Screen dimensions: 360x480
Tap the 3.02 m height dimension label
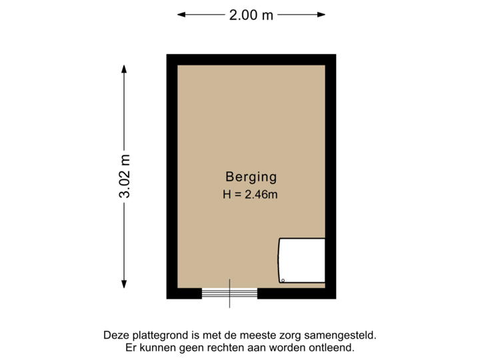[x=125, y=176]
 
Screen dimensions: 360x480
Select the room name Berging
[x=251, y=177]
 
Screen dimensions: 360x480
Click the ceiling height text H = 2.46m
[x=251, y=195]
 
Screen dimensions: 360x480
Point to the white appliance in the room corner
[x=301, y=261]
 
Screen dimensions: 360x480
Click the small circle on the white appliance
[x=283, y=280]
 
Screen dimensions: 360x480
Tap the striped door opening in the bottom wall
[x=230, y=294]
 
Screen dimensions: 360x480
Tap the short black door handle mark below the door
[x=230, y=304]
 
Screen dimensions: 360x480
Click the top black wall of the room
[x=251, y=59]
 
